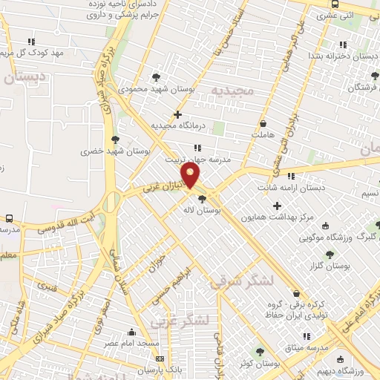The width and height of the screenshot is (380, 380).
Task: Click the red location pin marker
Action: tap(191, 176)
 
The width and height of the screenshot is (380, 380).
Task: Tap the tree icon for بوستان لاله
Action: tap(203, 198)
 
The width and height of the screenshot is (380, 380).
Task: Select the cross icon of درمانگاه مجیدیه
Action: tap(177, 114)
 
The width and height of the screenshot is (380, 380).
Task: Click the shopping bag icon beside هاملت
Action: tap(264, 123)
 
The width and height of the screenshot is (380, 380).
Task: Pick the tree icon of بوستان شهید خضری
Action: tap(114, 138)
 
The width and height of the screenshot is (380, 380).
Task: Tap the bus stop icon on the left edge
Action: tap(10, 218)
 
